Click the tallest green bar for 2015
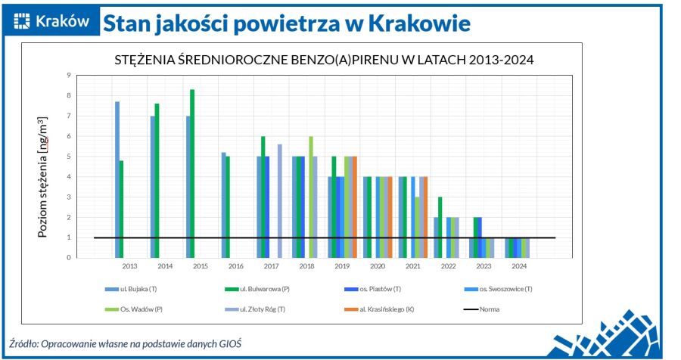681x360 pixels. point(192,173)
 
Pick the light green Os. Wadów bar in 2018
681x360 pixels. point(310,197)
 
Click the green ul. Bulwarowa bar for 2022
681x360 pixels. point(440,227)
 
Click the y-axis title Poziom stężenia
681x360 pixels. point(43,177)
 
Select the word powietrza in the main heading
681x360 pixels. point(288,23)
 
